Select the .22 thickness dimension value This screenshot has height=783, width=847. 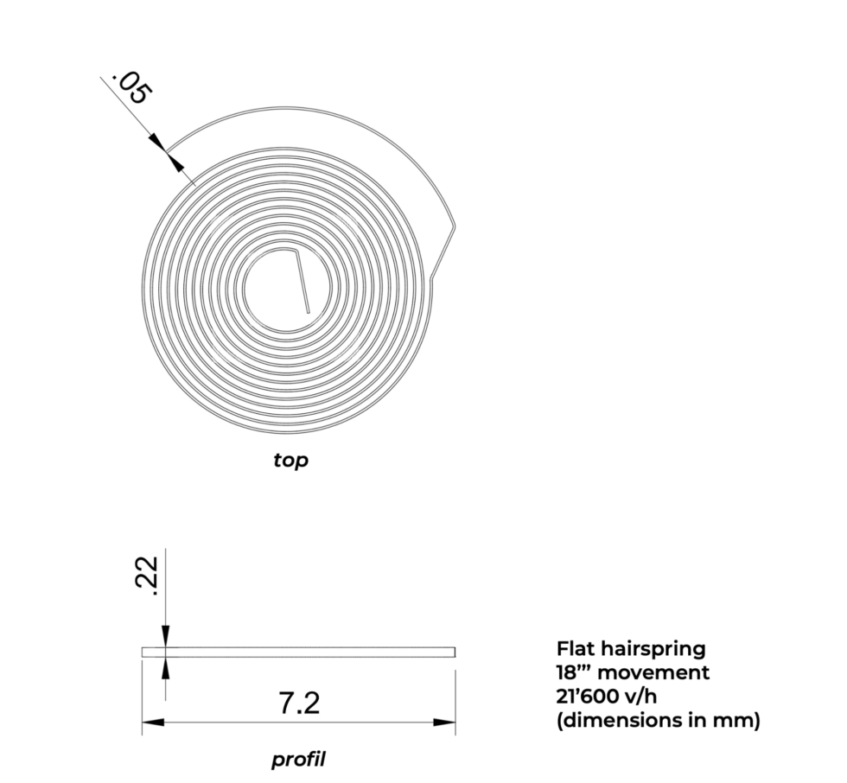146,576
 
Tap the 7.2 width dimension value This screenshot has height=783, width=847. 299,703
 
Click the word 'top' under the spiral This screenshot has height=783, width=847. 290,461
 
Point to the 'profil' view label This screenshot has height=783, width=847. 298,760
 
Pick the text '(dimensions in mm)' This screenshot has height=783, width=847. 658,721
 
